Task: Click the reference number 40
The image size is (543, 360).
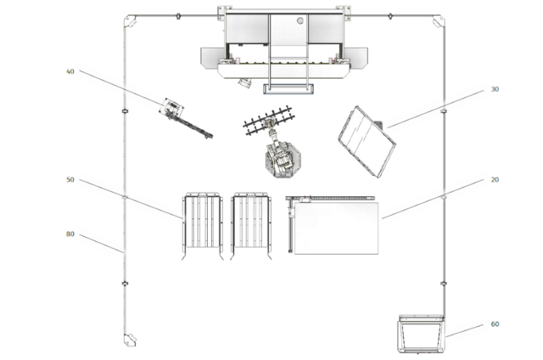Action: click(70, 71)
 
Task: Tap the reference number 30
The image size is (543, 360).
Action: click(495, 89)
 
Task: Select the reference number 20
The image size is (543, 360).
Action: click(495, 179)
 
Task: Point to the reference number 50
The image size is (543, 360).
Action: click(70, 179)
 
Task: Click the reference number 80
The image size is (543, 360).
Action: click(70, 233)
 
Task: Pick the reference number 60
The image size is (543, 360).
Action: click(495, 324)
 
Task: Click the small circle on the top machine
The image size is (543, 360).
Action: click(300, 20)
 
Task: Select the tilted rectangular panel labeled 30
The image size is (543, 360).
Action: click(367, 141)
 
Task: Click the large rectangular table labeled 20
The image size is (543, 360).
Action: click(336, 228)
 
